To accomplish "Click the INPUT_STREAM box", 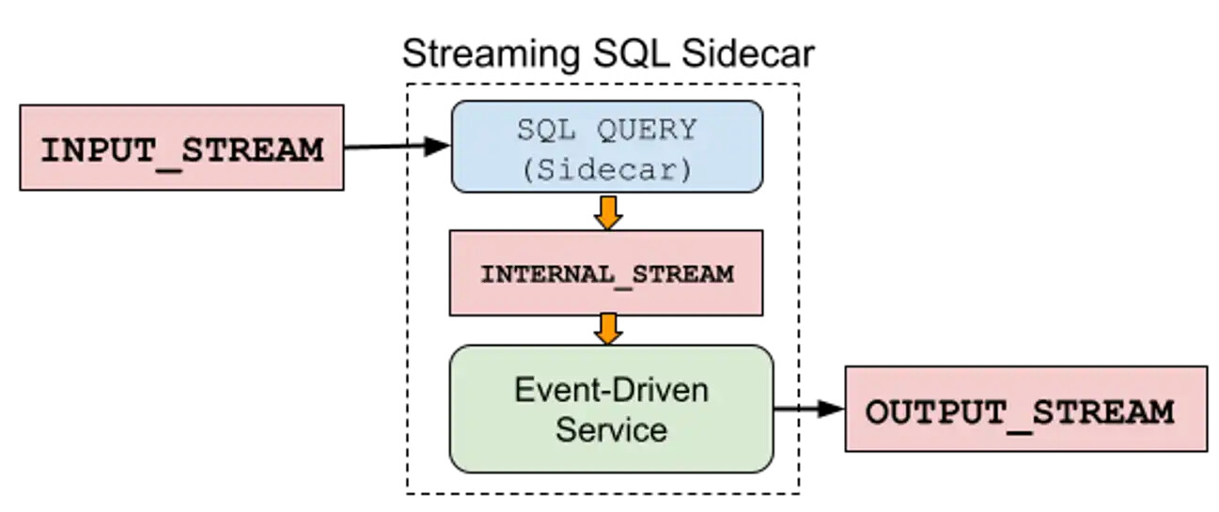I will pyautogui.click(x=181, y=148).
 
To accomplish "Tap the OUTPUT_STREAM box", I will pyautogui.click(x=1025, y=409).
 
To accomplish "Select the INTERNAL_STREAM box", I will pyautogui.click(x=606, y=274).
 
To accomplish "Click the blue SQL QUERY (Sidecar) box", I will pyautogui.click(x=606, y=147).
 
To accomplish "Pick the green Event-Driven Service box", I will pyautogui.click(x=611, y=409).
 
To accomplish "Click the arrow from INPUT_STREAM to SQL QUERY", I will pyautogui.click(x=395, y=147).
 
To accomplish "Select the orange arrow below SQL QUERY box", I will pyautogui.click(x=608, y=211).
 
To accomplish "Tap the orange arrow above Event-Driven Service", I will pyautogui.click(x=608, y=329).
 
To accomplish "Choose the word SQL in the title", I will pyautogui.click(x=632, y=54).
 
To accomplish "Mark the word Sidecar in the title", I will pyautogui.click(x=747, y=54).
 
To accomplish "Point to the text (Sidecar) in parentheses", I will pyautogui.click(x=607, y=168).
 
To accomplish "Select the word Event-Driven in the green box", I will pyautogui.click(x=611, y=389).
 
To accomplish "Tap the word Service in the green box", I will pyautogui.click(x=611, y=430).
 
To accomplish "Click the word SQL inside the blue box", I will pyautogui.click(x=545, y=130).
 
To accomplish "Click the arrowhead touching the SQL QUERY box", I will pyautogui.click(x=438, y=147).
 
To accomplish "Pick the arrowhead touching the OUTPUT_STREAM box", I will pyautogui.click(x=832, y=409).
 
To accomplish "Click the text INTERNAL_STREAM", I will pyautogui.click(x=606, y=274).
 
